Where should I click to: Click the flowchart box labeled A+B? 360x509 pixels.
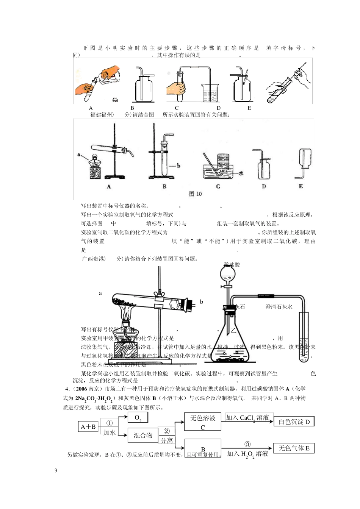pos(88,427)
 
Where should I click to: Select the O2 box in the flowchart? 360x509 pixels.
pos(138,418)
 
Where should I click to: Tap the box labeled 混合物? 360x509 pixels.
pos(143,436)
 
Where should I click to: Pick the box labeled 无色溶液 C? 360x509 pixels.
pos(203,422)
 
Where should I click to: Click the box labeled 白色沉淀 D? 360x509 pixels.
pos(294,422)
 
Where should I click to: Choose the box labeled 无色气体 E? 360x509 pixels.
pos(294,448)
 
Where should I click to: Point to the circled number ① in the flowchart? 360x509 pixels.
pos(110,423)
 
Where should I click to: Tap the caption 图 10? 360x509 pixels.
pos(195,194)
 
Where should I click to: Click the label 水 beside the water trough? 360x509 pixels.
pos(241,173)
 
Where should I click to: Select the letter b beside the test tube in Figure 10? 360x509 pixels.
pos(178,166)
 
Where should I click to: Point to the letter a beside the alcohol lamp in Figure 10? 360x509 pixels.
pos(79,155)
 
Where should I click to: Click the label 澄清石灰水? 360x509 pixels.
pos(279,307)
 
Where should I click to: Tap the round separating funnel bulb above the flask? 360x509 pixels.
pos(228,272)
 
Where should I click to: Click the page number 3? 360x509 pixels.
pos(56,471)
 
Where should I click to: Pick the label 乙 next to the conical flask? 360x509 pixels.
pos(233,330)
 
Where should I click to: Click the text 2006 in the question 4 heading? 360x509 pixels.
pos(81,389)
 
